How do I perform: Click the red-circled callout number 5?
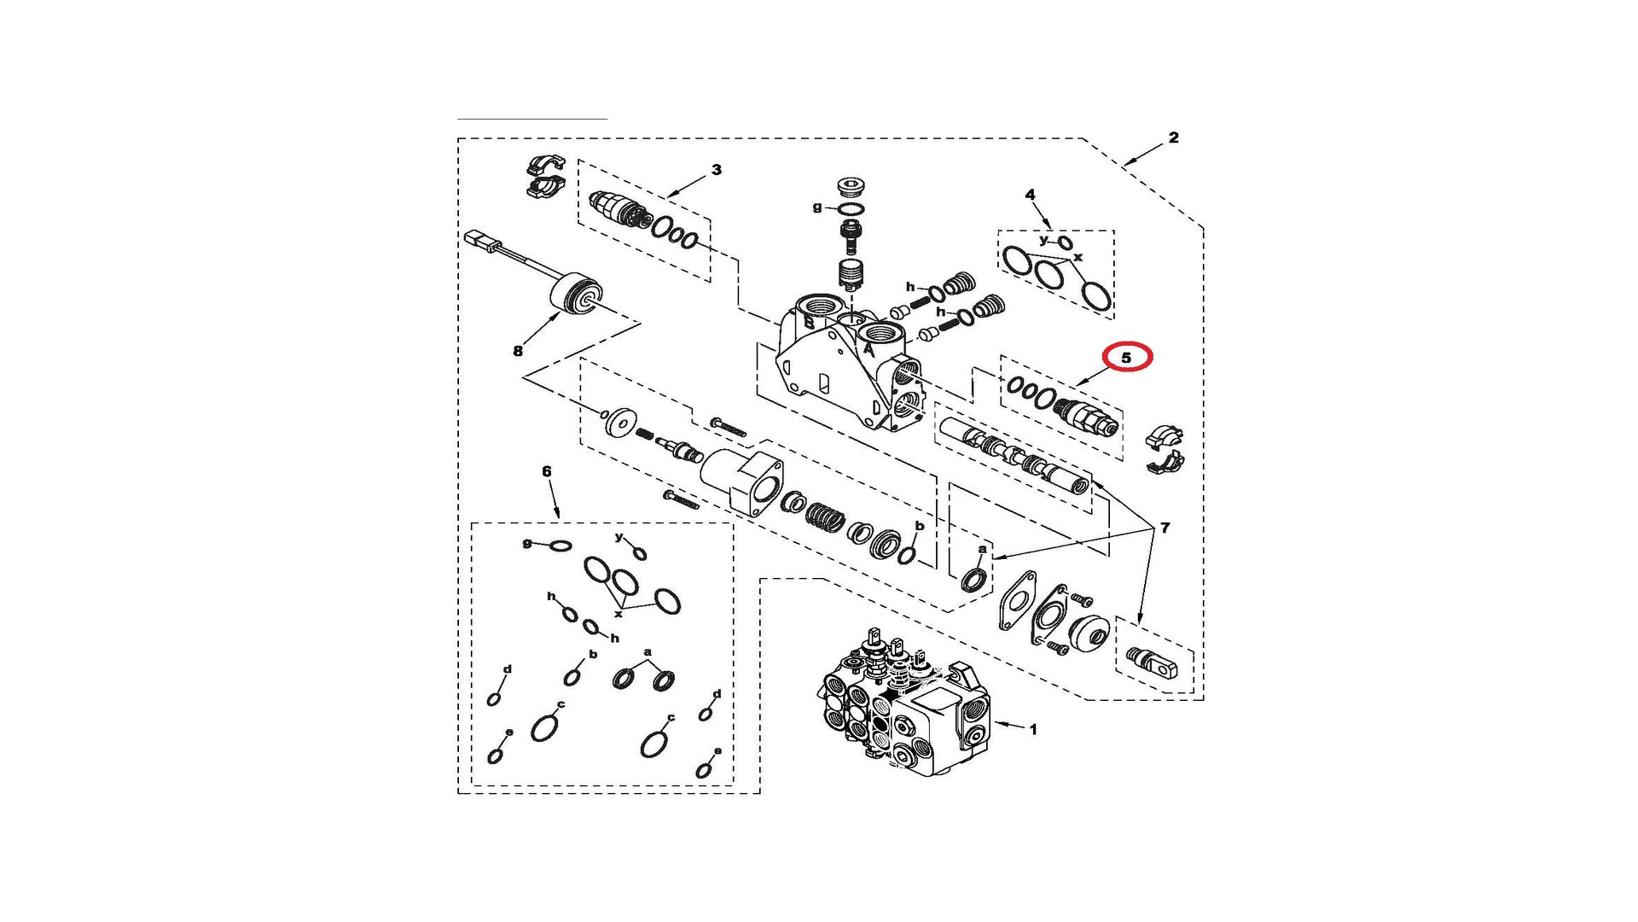1126,358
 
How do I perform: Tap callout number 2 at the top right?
1174,137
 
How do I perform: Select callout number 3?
717,170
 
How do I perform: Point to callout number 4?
1030,195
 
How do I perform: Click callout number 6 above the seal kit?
547,471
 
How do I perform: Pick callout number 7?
1165,528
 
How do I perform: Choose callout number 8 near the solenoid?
518,351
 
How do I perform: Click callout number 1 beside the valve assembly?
1033,730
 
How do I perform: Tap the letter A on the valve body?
868,348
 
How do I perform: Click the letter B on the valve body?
809,323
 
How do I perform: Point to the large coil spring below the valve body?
825,516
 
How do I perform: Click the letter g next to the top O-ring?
817,207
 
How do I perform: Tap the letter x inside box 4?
1078,257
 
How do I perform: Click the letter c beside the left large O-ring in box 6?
561,705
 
